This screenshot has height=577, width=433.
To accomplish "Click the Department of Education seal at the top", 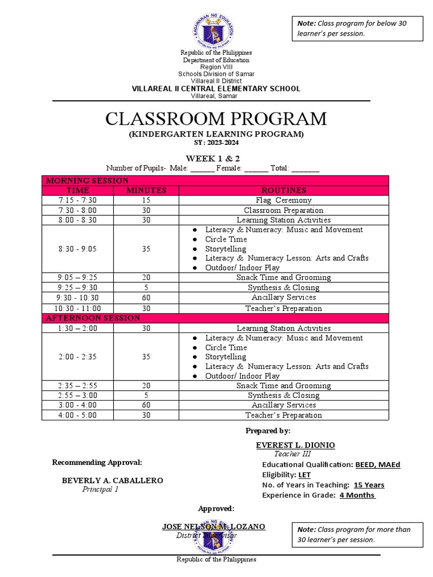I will pos(216,27).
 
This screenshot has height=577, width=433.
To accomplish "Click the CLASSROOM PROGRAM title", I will pos(216,119).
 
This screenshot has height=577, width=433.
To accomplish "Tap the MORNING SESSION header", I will pos(87,180).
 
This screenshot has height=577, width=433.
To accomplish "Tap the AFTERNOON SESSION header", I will pos(93,318).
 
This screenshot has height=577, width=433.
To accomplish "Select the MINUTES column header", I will pos(146,190).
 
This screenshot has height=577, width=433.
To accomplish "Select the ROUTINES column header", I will pos(283,190).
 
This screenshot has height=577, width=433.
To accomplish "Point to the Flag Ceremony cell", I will pos(283,200).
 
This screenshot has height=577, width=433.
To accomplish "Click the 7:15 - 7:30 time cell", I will pos(77,200).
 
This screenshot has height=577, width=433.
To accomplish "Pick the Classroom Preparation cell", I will pos(283,210).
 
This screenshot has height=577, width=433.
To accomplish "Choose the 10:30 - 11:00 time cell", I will pos(77,308).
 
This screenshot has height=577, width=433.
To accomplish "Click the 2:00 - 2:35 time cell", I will pos(77,357).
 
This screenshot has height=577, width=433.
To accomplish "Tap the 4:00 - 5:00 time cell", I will pos(77,415).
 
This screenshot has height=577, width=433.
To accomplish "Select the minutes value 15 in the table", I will pos(146,200).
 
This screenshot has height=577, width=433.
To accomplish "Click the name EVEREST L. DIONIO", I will pos(295,445).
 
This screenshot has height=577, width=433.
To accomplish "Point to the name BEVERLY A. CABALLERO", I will pos(112,481).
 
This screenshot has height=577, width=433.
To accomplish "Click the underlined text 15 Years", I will pos(369,485).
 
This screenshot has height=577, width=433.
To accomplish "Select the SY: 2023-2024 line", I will pos(216,143).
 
